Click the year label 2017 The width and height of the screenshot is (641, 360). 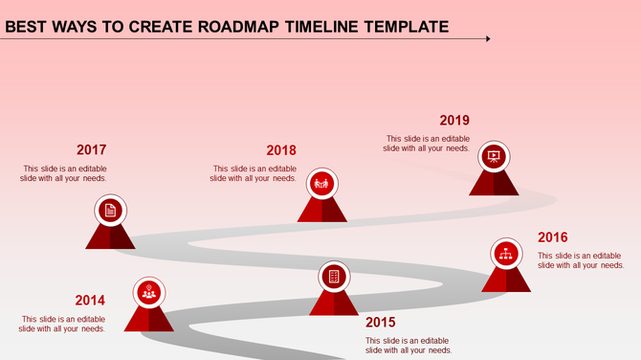[x=91, y=150]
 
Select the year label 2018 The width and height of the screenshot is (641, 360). [x=281, y=150]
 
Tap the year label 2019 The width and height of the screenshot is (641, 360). [x=454, y=121]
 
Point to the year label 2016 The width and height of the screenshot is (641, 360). [x=552, y=237]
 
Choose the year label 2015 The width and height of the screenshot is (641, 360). [x=380, y=322]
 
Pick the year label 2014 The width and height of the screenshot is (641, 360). [x=90, y=301]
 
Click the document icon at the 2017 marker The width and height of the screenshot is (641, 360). [x=110, y=210]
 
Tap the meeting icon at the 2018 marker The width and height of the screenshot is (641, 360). [x=321, y=182]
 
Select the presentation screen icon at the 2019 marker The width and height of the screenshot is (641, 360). [x=494, y=156]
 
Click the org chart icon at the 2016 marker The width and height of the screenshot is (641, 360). [x=506, y=254]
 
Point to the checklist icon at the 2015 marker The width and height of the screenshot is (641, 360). [x=334, y=277]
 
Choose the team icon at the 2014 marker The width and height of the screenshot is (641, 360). [x=148, y=292]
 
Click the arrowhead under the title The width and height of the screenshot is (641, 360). [x=487, y=39]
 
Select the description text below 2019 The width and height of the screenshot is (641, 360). [x=427, y=144]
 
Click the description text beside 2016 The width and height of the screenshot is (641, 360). [x=581, y=260]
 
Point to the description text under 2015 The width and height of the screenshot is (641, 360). [x=408, y=345]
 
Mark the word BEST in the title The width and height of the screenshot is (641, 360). [x=26, y=26]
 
